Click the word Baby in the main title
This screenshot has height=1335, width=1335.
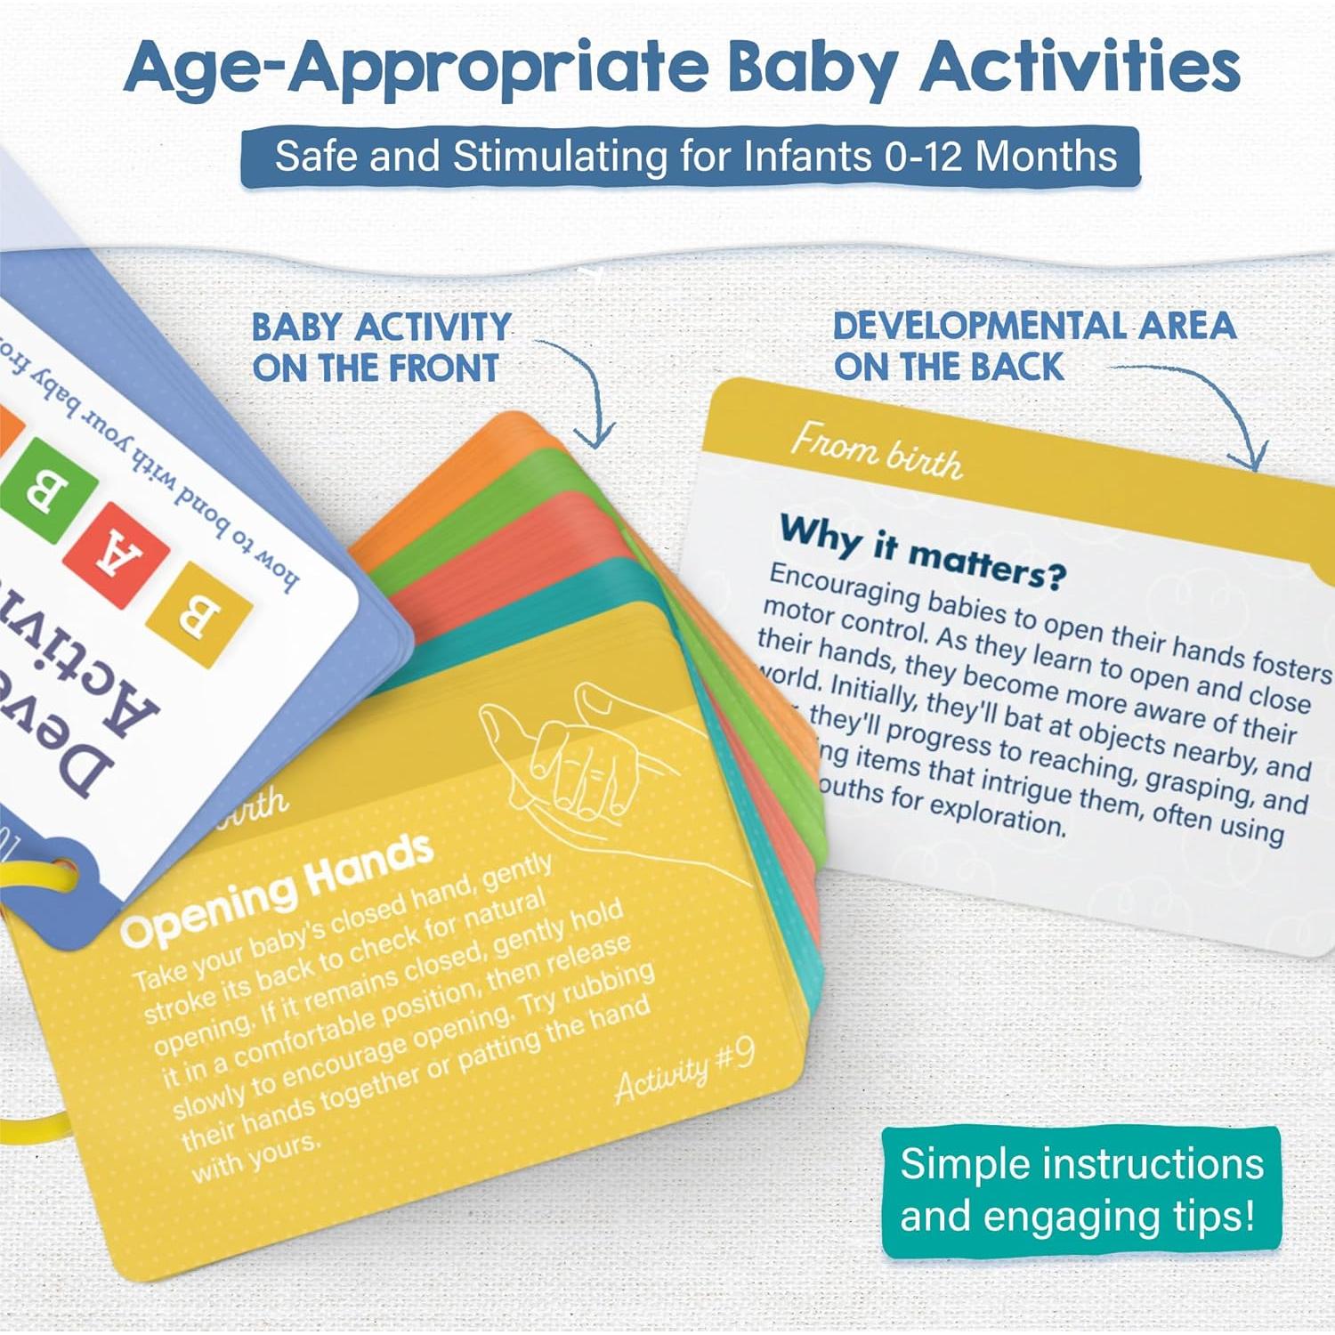[810, 67]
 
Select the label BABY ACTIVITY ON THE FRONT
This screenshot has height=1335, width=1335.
[381, 347]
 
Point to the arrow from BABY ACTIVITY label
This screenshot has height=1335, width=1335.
[587, 392]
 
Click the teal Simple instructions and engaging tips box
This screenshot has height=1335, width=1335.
[1080, 1191]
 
